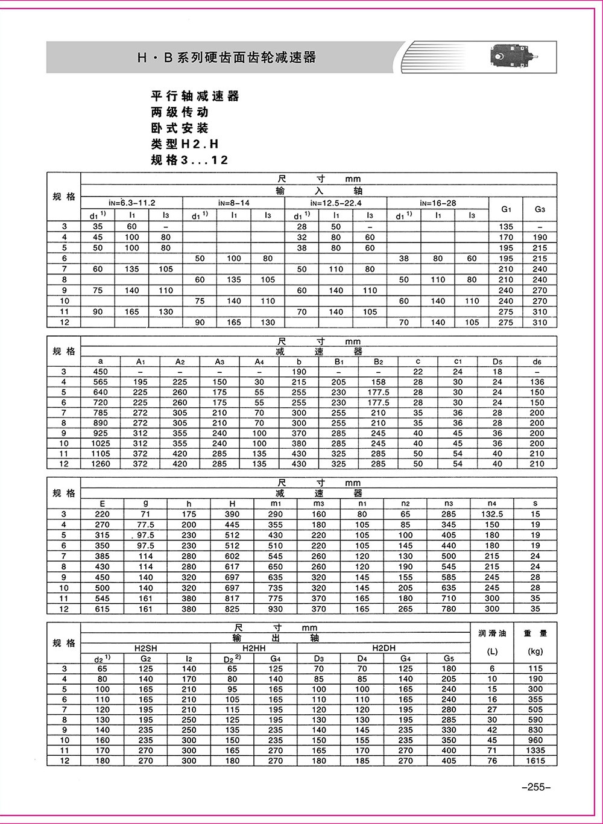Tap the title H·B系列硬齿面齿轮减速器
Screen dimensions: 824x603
click(x=227, y=58)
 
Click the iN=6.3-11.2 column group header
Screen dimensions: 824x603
click(x=131, y=203)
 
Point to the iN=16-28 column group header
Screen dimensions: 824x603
click(x=438, y=203)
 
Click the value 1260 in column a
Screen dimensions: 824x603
click(x=100, y=464)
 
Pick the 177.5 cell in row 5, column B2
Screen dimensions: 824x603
click(x=378, y=392)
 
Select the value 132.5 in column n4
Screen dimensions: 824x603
click(x=492, y=514)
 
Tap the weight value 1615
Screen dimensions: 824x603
click(x=535, y=761)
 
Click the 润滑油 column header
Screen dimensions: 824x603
click(x=492, y=633)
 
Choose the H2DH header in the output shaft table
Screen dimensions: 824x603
click(x=384, y=648)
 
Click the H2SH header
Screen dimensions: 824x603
click(x=145, y=648)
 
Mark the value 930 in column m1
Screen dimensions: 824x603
click(x=276, y=609)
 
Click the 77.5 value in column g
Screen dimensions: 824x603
click(x=145, y=525)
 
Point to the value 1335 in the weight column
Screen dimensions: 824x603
click(x=535, y=750)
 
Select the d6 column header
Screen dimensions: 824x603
click(x=537, y=362)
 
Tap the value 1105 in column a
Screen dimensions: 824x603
click(x=100, y=454)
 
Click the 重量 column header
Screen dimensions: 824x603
click(x=535, y=633)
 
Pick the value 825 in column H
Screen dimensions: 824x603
click(x=232, y=609)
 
